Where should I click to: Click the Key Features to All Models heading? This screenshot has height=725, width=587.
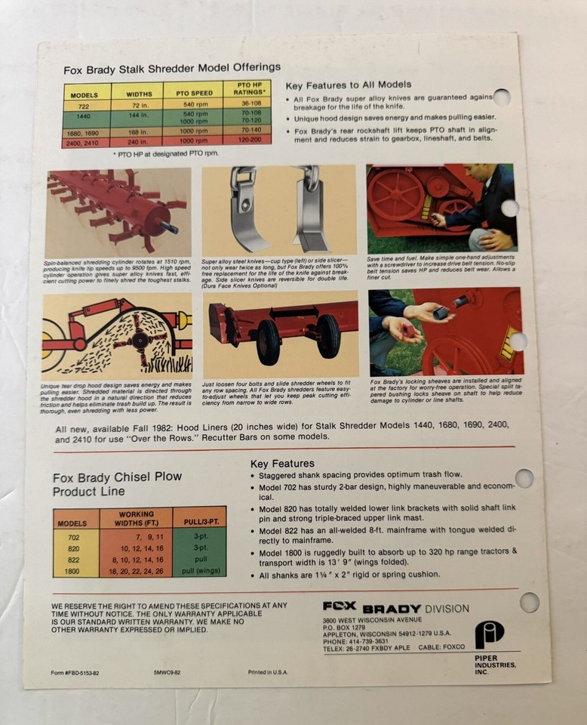tap(349, 85)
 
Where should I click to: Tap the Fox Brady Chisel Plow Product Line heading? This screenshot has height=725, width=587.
tap(105, 484)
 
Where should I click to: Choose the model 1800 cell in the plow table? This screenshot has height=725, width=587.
tap(72, 572)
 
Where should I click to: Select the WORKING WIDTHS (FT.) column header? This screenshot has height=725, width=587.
tap(136, 518)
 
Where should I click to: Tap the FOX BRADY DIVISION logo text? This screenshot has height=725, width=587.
tap(395, 607)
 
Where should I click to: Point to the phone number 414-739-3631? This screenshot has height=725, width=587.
tap(369, 641)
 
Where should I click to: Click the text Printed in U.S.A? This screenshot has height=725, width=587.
tap(269, 671)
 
